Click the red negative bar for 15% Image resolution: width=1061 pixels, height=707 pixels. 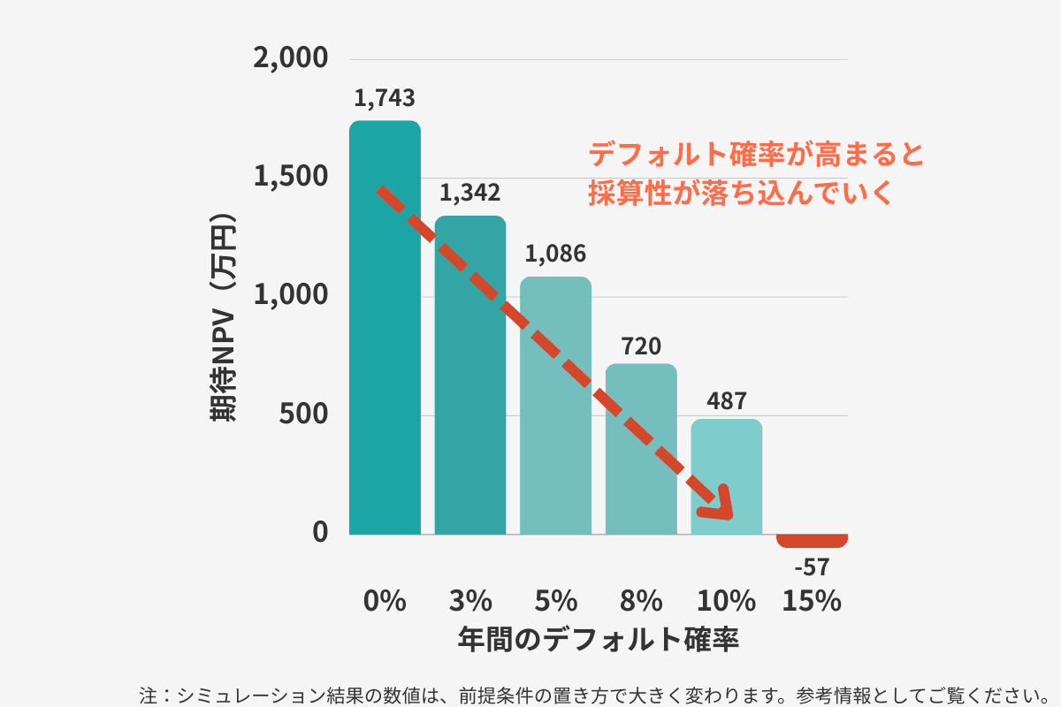[812, 541]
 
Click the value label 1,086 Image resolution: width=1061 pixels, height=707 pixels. [555, 255]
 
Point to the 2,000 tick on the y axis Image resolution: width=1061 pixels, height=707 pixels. [291, 59]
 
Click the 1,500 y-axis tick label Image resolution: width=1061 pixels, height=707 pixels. [291, 178]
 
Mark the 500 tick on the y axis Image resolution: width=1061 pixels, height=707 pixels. [303, 414]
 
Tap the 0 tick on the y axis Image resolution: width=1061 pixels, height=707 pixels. [319, 533]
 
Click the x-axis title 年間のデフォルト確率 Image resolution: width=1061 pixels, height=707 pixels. [599, 639]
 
